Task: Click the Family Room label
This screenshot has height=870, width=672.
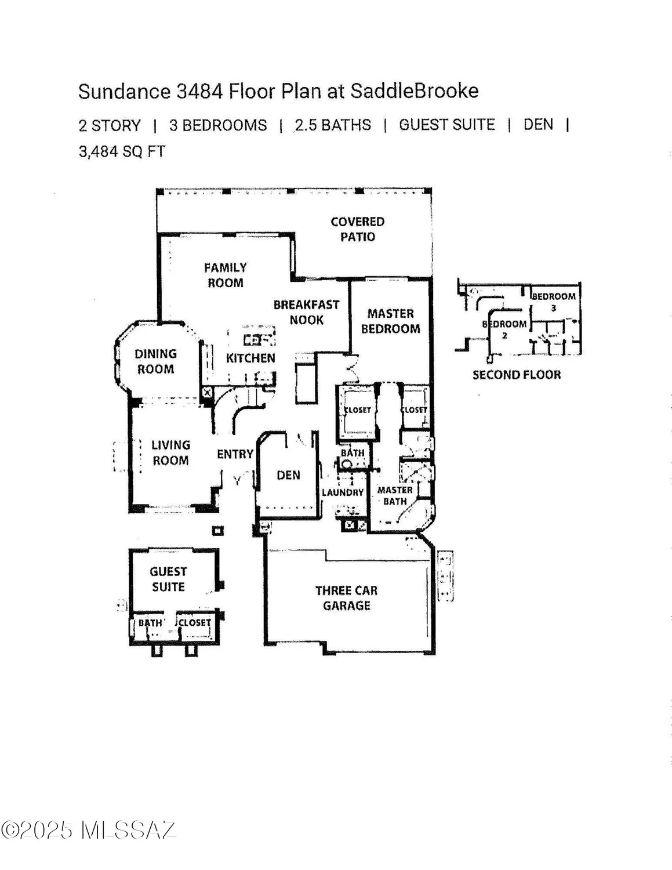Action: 225,275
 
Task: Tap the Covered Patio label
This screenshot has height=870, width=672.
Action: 357,229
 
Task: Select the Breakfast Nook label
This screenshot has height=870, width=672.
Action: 306,312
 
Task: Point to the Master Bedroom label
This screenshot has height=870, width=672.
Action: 390,321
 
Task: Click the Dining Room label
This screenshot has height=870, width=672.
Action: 155,361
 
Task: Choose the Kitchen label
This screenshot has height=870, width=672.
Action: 250,358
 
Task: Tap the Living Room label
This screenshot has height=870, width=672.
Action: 170,453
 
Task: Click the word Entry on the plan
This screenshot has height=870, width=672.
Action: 235,454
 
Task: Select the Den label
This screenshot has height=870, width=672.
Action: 288,475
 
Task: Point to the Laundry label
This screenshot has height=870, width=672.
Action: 343,492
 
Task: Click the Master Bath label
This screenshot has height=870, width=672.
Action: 395,495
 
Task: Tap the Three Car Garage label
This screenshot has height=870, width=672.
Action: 346,598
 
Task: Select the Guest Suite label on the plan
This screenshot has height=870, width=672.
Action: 168,579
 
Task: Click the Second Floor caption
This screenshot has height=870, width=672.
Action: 517,375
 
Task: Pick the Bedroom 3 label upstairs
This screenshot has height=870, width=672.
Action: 554,301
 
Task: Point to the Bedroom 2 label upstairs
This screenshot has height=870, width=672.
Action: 505,328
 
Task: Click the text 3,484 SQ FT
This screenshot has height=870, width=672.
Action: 122,151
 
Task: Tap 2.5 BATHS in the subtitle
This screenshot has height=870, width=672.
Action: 333,125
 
